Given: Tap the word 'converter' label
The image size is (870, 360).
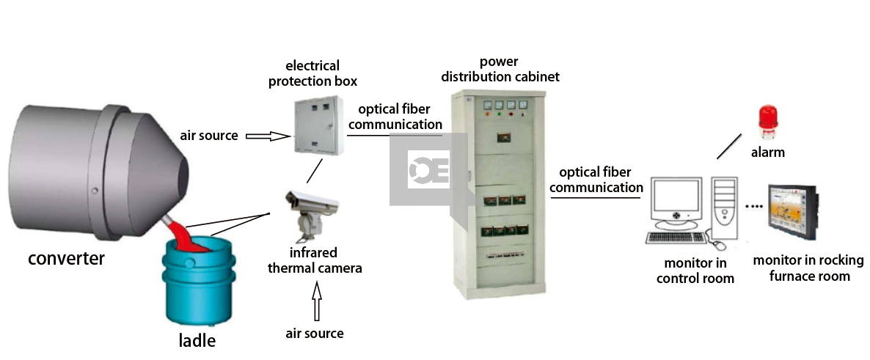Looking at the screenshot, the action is tap(66, 258).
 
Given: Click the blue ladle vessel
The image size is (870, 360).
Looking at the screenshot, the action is tap(198, 282).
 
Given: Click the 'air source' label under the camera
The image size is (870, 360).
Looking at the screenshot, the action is tap(315, 334).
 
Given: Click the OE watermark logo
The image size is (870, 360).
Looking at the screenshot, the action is tap(428, 171).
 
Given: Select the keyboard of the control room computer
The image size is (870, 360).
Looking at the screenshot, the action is tap(676, 238).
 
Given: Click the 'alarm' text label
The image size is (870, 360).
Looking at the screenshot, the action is tap(767, 153).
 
